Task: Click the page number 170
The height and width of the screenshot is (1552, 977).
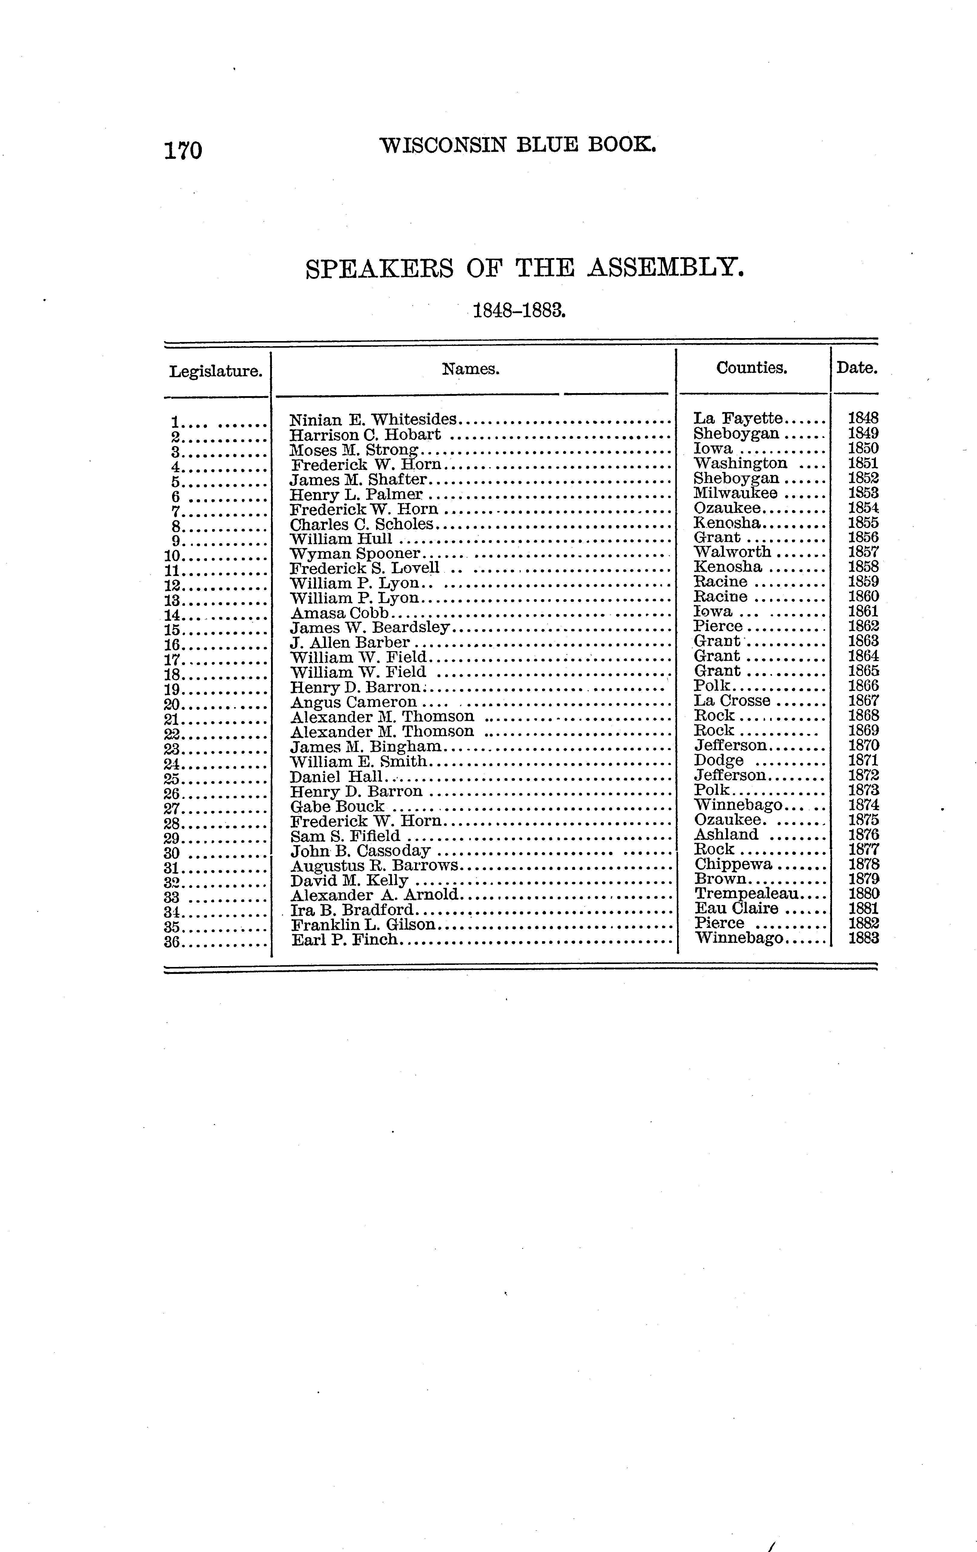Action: click(184, 150)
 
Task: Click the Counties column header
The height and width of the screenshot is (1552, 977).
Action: click(751, 368)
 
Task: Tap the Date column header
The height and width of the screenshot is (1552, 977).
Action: click(856, 368)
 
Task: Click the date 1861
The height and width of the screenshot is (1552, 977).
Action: click(863, 612)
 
